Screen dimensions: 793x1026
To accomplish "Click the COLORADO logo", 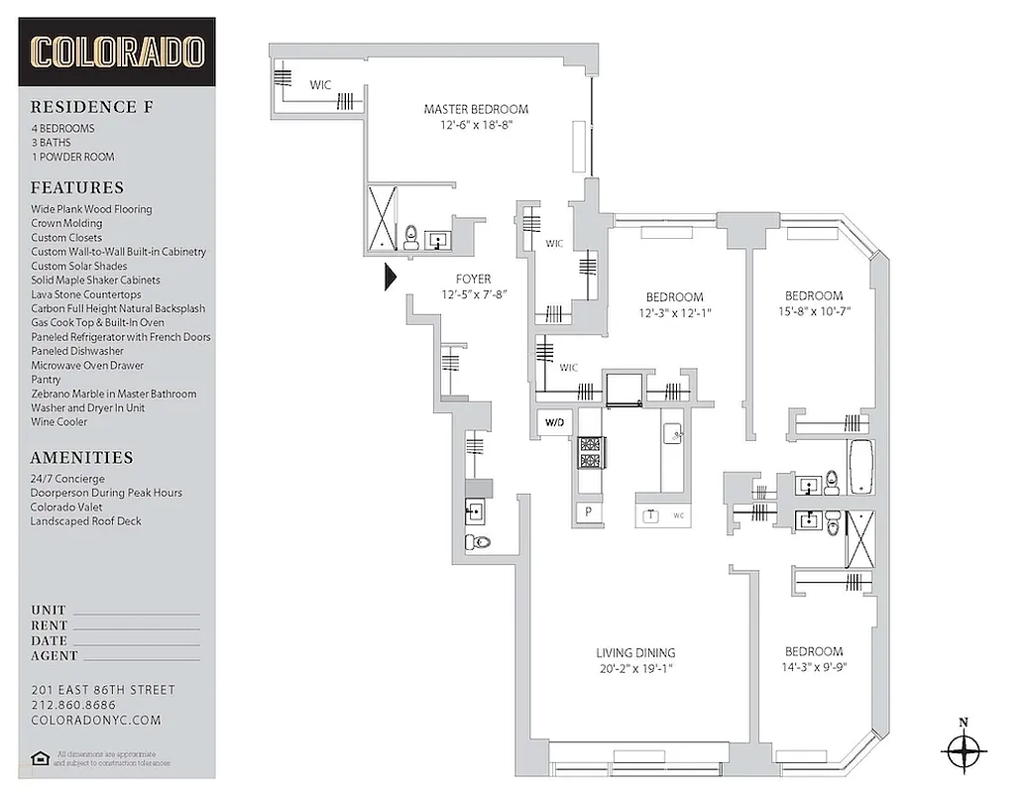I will coord(117,52).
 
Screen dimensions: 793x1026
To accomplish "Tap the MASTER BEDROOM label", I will coord(476,109).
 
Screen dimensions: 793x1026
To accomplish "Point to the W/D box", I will coord(553,424).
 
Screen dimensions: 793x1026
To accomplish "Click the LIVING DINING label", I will coord(635,652).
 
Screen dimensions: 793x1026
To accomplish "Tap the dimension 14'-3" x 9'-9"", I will coord(814,667).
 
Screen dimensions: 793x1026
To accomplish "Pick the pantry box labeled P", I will coord(588,513).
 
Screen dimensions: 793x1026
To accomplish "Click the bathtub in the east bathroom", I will coord(859,467).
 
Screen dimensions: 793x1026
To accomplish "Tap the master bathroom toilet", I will coord(410,238).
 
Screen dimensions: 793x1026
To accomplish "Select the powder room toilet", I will coord(480,541).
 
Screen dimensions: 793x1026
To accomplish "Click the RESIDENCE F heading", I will coord(83,107).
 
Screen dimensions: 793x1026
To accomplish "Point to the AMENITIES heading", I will coord(81,458).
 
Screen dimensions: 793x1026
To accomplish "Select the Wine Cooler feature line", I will coord(58,421).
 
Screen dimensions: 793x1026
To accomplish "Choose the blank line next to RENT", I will coord(136,626).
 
